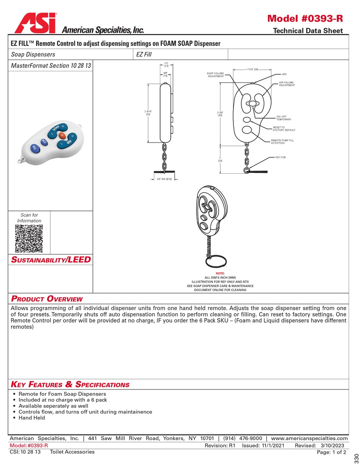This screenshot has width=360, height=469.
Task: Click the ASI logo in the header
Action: click(36, 23)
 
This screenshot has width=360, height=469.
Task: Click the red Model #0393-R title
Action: click(305, 19)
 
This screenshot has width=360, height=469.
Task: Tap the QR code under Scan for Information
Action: click(29, 238)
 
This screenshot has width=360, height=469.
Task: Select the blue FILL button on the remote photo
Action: click(34, 148)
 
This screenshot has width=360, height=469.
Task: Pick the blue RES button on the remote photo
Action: click(44, 142)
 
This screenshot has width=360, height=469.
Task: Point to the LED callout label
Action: click(284, 74)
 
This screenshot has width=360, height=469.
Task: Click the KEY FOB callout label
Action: click(280, 157)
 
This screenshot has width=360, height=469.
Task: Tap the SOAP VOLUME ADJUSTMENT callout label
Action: click(215, 75)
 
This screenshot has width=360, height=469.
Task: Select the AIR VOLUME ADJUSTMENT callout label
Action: click(287, 84)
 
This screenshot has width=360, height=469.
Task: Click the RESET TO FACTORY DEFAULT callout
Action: click(284, 129)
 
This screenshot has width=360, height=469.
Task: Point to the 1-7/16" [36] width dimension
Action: click(252, 69)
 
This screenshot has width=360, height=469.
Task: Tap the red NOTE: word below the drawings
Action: click(220, 273)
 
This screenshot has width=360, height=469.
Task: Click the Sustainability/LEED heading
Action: click(51, 260)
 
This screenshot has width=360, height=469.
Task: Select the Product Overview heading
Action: click(47, 298)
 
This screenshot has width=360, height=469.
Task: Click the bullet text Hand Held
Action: click(31, 417)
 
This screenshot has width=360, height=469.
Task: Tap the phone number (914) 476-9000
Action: click(243, 438)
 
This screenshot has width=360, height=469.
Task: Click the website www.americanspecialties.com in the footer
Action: click(310, 438)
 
